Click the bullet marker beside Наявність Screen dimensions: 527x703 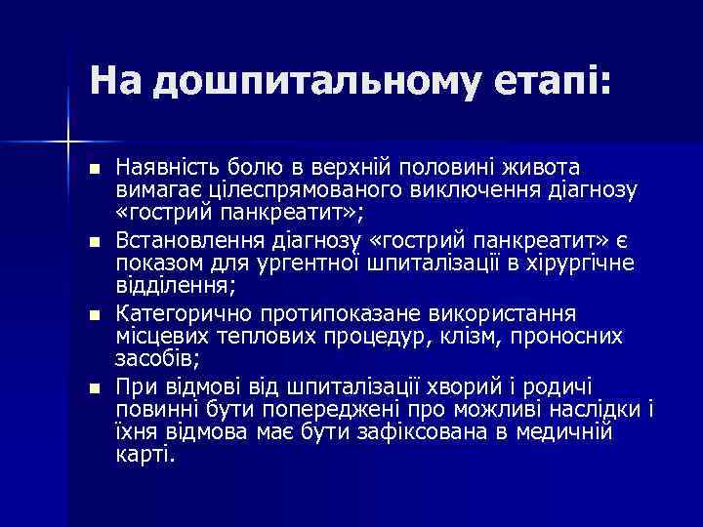tap(94, 170)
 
